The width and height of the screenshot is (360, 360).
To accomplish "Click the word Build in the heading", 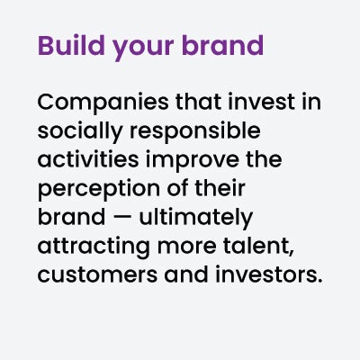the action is coord(71,46).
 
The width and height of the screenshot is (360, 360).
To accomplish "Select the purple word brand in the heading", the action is coord(222,46).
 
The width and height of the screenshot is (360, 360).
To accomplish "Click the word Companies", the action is coord(103,103).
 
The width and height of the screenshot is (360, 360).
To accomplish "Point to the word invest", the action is coord(262,102).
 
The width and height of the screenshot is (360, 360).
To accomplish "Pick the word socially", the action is coord(80,132).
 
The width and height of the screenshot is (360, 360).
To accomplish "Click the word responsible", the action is coord(195,132).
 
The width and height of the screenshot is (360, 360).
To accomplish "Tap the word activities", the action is coord(88,159).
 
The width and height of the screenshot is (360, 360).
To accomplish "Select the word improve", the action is coord(193,160).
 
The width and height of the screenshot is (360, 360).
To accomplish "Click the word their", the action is coord(220,188).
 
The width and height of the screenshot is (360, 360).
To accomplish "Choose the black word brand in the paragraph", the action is coord(71,217).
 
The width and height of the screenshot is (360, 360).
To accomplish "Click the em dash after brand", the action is coord(122,218).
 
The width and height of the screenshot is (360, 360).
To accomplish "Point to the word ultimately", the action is coord(196,218).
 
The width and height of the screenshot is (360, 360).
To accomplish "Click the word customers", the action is coord(97,275).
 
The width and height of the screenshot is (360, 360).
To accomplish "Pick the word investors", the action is coord(265,274).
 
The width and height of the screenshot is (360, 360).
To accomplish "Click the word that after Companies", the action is coord(198,102).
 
